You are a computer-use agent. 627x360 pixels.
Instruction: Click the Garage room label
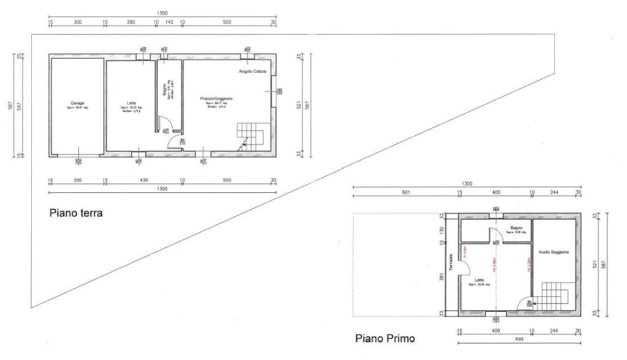pos(77,103)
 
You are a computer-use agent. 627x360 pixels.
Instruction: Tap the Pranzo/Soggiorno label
pos(216,98)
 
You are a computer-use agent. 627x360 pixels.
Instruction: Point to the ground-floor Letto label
pos(132,103)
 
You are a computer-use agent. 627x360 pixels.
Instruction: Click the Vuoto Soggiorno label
pos(554,252)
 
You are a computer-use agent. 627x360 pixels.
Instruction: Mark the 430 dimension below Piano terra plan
pos(144,181)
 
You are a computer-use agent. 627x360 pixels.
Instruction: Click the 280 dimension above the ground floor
pos(130,21)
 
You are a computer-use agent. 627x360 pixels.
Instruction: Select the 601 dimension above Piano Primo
pos(405,193)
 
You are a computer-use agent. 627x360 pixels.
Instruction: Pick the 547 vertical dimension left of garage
pos(18,106)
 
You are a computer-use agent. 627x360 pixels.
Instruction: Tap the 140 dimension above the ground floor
pos(169,21)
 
